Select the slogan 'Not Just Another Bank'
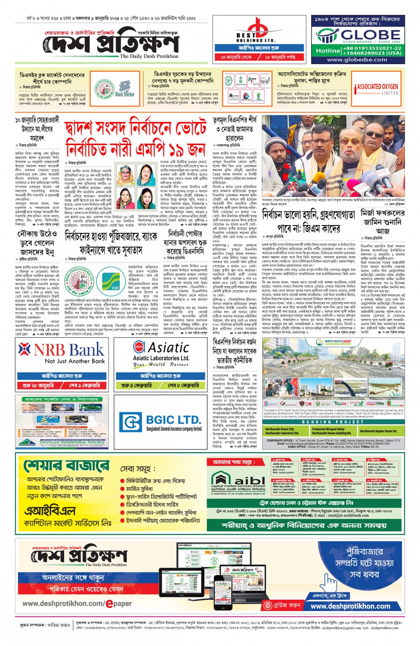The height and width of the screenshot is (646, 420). click(x=75, y=361)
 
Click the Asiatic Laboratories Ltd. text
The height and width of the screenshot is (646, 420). click(x=161, y=358)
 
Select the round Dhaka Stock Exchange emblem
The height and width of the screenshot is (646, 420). click(x=80, y=280)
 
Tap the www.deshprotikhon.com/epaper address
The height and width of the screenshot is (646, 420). click(x=77, y=604)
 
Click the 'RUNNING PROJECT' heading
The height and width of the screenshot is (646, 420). click(x=332, y=422)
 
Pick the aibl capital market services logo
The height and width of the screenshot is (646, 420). click(x=238, y=482)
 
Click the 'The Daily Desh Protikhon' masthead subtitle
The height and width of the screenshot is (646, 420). click(x=149, y=57)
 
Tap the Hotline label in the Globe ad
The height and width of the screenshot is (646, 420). click(x=328, y=51)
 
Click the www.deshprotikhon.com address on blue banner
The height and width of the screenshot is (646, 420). click(x=350, y=606)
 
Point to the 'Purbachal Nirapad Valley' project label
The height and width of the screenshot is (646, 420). click(x=328, y=429)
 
